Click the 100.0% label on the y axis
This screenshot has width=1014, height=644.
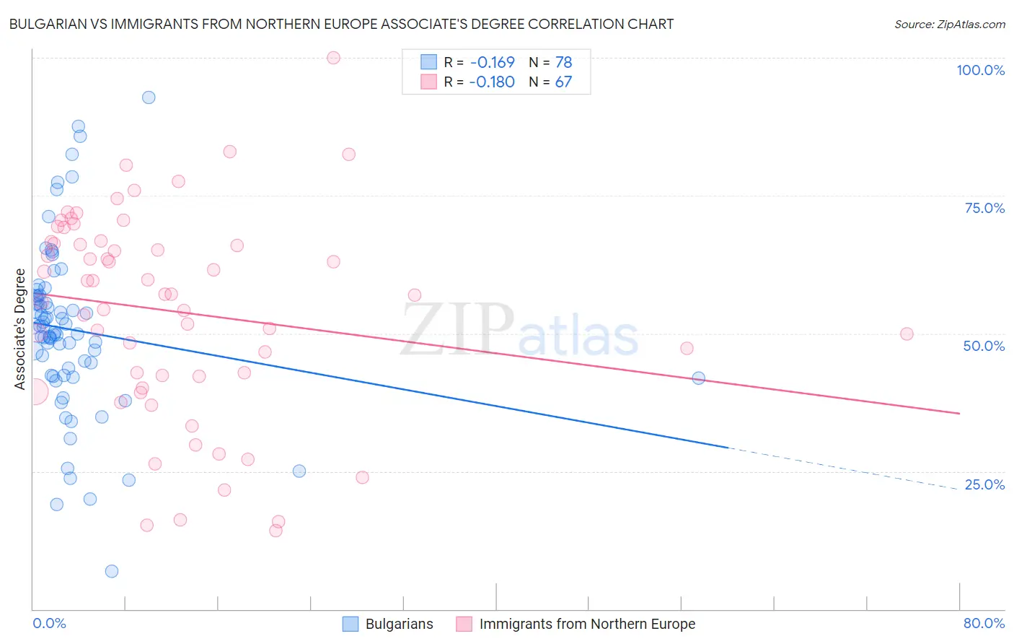point(980,70)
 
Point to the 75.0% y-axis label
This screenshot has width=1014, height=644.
point(984,208)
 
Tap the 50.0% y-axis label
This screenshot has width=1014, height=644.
point(984,346)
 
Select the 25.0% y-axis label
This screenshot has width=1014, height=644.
point(984,484)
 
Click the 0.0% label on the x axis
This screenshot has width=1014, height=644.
point(49,623)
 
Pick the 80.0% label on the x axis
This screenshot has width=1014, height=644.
point(984,623)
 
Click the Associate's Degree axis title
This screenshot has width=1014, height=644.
point(20,329)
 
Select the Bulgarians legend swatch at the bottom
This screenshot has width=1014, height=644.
point(351,624)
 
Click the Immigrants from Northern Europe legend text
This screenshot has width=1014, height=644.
point(587,624)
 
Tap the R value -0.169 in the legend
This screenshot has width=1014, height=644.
point(492,63)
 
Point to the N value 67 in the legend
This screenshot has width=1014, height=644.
point(563,82)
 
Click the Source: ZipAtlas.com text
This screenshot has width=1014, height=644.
point(949,25)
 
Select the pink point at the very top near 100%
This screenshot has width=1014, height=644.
point(333,58)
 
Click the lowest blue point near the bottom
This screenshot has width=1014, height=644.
point(112,571)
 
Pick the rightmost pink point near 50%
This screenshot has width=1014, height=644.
point(907,334)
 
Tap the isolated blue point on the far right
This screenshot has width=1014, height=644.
point(698,378)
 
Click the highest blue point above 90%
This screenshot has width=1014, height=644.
point(149,97)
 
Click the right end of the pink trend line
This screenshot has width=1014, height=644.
point(959,413)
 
